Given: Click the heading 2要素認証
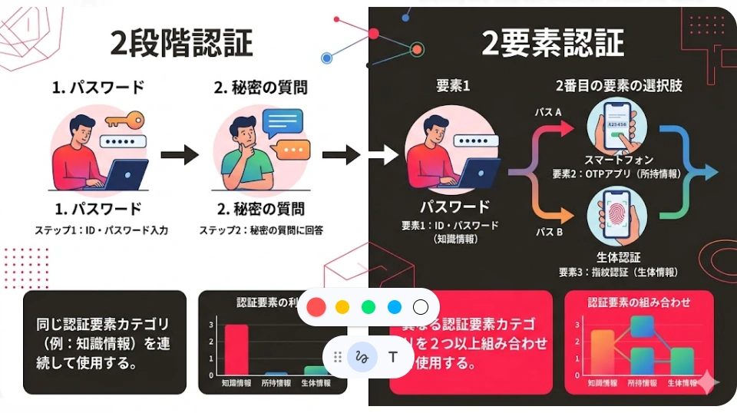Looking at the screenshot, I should (x=552, y=43).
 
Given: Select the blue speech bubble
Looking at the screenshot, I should (x=283, y=122).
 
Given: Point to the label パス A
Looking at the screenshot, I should (x=547, y=112).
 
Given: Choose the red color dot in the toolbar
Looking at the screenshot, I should (x=316, y=307).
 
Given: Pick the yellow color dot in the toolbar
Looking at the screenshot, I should (x=342, y=307).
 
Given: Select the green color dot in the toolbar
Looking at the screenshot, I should (x=368, y=307).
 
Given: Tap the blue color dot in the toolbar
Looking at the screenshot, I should (x=395, y=307).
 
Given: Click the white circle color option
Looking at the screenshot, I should (x=421, y=307).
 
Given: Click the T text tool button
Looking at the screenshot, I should (x=393, y=357).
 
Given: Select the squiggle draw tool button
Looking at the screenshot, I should (x=362, y=357).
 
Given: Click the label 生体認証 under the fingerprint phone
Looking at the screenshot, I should (x=618, y=256).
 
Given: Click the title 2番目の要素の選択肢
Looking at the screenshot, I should (x=618, y=87).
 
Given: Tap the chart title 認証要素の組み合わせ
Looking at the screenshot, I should (x=639, y=302).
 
